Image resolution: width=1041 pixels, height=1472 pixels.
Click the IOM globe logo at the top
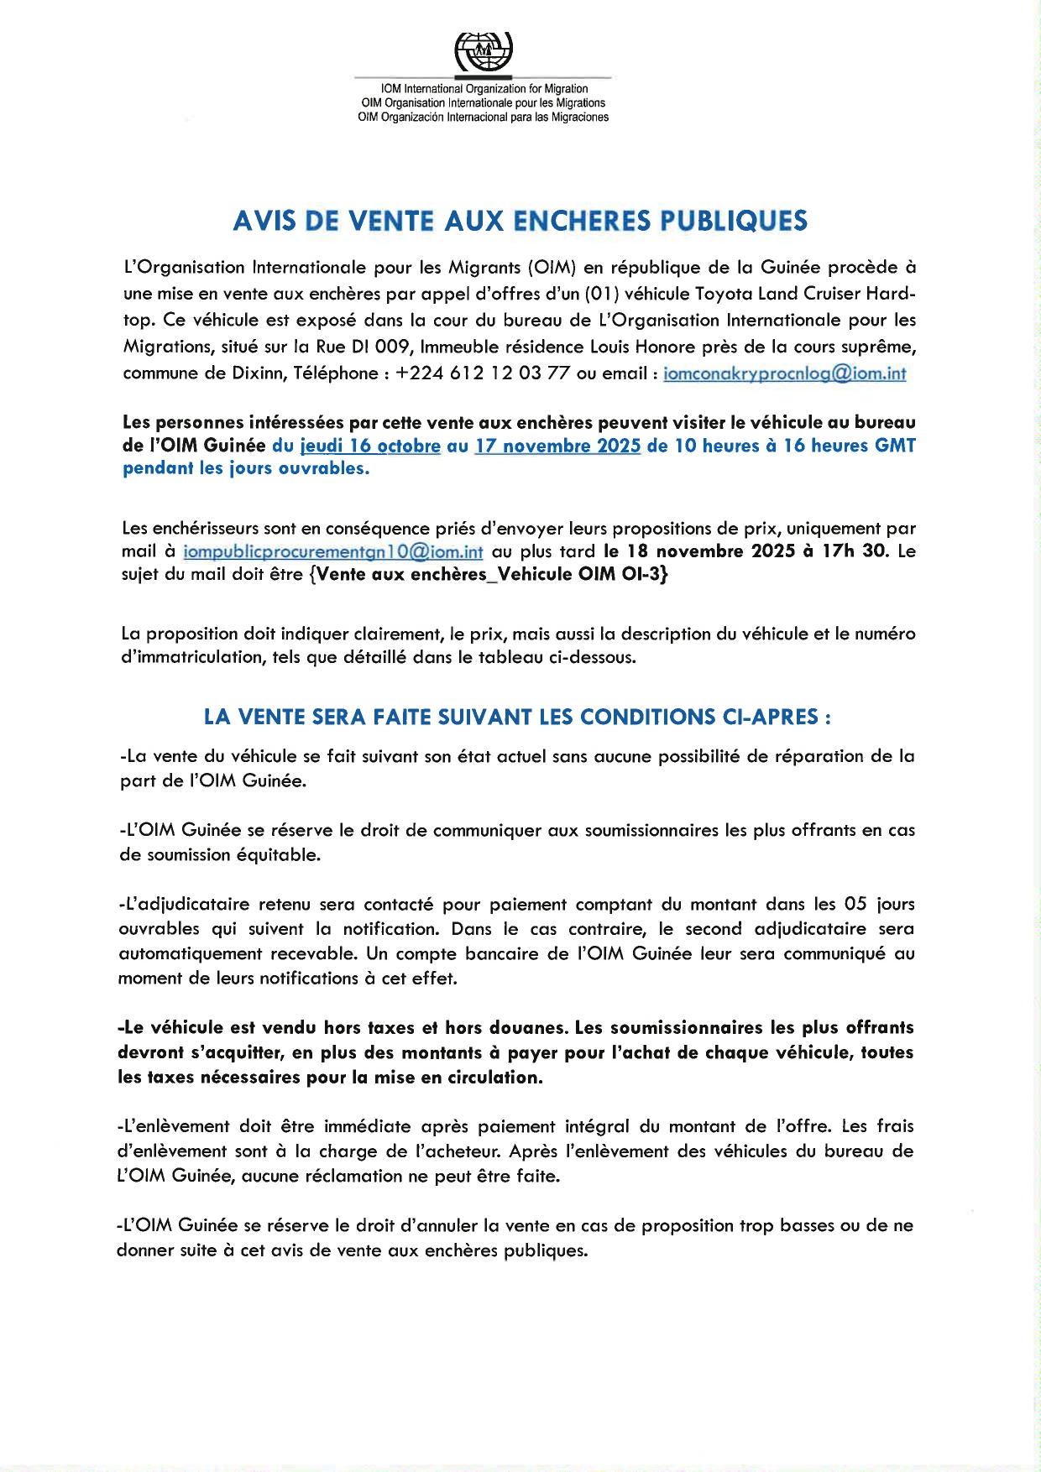(x=484, y=52)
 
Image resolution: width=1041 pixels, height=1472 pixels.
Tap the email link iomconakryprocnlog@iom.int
(x=784, y=373)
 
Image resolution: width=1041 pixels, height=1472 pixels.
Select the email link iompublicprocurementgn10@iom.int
(x=332, y=552)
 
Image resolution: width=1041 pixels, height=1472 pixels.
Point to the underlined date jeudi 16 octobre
(x=370, y=446)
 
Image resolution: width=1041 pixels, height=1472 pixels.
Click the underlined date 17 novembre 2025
(x=558, y=446)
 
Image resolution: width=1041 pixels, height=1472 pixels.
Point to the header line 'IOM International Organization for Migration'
(x=484, y=89)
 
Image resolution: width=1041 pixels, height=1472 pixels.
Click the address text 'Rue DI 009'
(x=363, y=347)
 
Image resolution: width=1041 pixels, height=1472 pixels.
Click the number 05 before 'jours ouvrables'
(x=855, y=905)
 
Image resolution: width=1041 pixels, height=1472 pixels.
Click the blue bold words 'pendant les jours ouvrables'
(x=246, y=469)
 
